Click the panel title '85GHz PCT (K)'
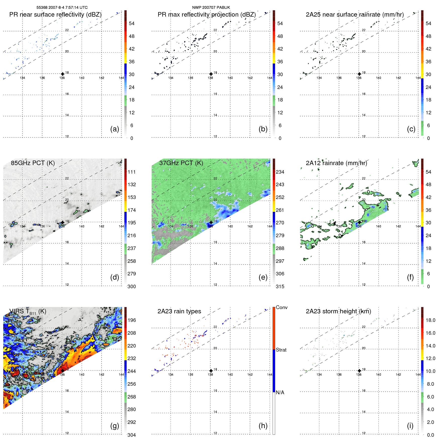(x=33, y=163)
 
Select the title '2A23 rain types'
(x=179, y=311)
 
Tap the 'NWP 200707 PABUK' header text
(x=211, y=7)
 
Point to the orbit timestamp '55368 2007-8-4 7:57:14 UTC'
(x=62, y=7)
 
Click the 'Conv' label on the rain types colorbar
(x=281, y=307)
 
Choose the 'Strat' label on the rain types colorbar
(x=281, y=350)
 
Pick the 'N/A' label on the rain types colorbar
(x=280, y=392)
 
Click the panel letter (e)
(x=263, y=277)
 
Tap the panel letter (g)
(x=115, y=426)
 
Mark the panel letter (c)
(x=411, y=129)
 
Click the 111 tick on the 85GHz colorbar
(x=132, y=172)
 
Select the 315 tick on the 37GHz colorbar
(x=280, y=286)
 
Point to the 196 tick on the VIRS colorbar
(x=132, y=320)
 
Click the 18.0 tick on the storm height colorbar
(x=430, y=320)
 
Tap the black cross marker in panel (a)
(x=63, y=74)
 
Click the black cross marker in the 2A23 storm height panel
(x=359, y=371)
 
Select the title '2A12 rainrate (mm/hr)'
(x=336, y=163)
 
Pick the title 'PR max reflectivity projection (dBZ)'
(x=207, y=15)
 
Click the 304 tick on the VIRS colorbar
(x=132, y=435)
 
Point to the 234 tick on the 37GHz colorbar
(x=280, y=172)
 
